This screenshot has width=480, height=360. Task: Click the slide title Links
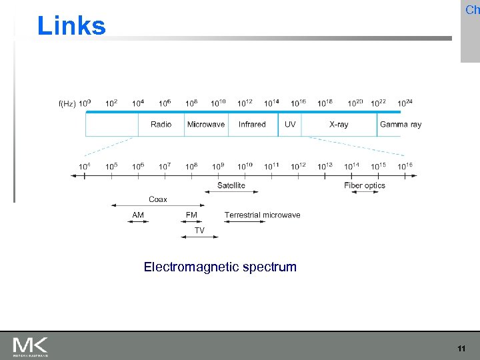71,26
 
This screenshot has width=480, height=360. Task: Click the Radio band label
161,124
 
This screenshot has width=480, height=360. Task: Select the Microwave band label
206,124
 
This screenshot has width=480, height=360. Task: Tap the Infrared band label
252,124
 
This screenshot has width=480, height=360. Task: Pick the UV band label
290,124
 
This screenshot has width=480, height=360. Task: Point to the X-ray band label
339,124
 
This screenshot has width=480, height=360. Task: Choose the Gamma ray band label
400,124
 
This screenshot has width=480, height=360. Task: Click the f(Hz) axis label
67,103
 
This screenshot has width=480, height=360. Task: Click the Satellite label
231,185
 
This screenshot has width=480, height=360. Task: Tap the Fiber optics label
365,185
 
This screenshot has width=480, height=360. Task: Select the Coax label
158,199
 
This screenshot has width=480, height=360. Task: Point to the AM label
138,215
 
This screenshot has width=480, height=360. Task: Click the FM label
191,215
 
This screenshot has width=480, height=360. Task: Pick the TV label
199,230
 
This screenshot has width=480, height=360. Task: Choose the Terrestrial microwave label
262,215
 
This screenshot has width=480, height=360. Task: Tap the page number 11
461,349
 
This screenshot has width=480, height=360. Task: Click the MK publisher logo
30,346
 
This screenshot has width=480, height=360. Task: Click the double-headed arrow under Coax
158,205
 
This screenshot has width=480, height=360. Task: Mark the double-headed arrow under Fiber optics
365,192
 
